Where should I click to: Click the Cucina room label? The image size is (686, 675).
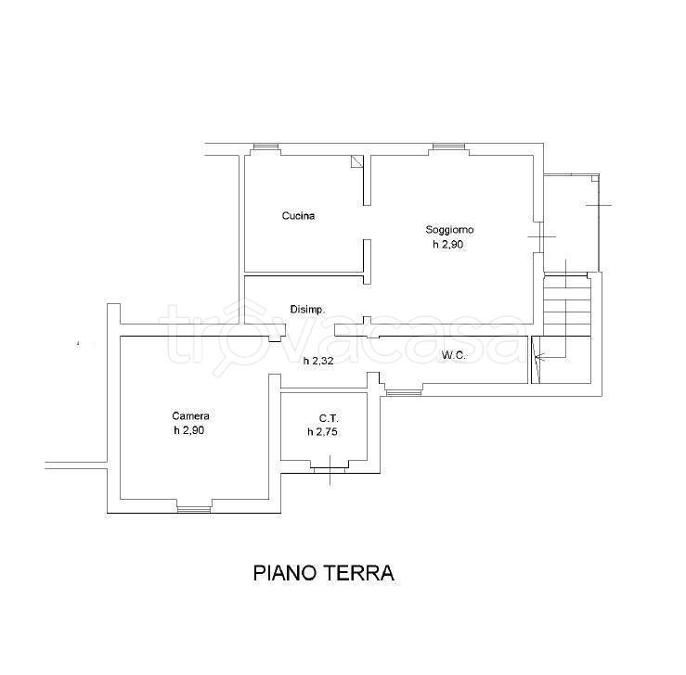[298, 216]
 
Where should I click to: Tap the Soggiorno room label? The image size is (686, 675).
[449, 229]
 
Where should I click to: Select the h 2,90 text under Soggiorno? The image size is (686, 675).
[448, 244]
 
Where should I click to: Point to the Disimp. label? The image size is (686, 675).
[307, 310]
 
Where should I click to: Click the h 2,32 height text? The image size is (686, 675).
[319, 361]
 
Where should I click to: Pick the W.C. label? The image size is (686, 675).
[453, 356]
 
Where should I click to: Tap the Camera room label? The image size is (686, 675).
[190, 416]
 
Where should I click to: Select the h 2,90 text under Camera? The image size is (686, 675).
[189, 430]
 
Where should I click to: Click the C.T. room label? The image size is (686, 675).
[329, 418]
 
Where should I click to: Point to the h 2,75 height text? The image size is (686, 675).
[322, 432]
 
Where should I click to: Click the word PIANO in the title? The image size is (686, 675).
[285, 573]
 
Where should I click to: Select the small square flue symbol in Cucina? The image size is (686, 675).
[356, 160]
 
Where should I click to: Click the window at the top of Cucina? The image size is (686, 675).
[266, 146]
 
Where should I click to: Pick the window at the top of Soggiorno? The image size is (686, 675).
[449, 146]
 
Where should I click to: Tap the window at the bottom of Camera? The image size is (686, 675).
[194, 509]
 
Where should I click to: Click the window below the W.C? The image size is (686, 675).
[404, 393]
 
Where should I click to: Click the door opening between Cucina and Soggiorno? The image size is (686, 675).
[367, 223]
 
